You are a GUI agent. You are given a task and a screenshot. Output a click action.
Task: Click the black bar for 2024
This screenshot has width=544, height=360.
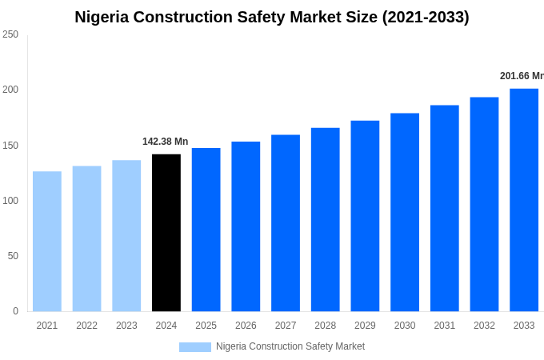(x=166, y=233)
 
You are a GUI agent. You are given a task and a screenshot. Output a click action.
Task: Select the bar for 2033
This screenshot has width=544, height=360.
(x=524, y=200)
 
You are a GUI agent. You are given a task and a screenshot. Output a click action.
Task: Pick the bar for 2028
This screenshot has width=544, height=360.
(x=326, y=219)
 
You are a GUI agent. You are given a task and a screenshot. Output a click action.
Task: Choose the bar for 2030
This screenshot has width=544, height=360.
(x=405, y=212)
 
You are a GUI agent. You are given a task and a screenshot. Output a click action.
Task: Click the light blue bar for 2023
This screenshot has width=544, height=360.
(x=126, y=236)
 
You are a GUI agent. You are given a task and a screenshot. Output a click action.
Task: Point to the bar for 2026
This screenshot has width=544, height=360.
(x=246, y=226)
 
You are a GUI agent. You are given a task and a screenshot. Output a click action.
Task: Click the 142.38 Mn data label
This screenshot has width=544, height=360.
(x=166, y=142)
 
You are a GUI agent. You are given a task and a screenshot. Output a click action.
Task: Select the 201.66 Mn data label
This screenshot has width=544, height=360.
(x=522, y=76)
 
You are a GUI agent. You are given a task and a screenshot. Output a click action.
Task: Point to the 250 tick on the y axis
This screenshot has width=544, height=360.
(x=10, y=34)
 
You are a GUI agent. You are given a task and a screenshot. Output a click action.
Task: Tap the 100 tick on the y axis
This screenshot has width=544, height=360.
(x=10, y=200)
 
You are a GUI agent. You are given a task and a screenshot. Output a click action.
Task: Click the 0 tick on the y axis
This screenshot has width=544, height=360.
(x=15, y=311)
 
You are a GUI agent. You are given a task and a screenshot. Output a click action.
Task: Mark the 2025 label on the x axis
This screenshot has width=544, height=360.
(x=206, y=326)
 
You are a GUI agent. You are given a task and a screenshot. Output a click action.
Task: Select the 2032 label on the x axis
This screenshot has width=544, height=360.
(x=484, y=326)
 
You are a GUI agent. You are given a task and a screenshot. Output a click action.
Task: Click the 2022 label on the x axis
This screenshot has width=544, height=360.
(x=86, y=326)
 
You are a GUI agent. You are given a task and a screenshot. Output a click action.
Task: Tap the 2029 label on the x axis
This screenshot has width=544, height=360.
(x=365, y=326)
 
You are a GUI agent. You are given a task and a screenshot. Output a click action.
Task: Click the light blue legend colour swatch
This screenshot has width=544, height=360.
(x=195, y=346)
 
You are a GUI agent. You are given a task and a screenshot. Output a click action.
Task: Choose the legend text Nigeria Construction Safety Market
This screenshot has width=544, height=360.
(x=290, y=346)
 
